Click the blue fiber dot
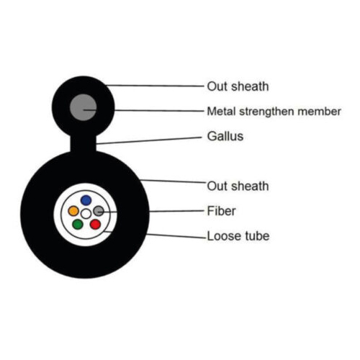point(86,200)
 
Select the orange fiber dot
point(73,211)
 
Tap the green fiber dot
point(78,225)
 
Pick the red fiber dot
point(95,225)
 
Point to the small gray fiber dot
point(99,211)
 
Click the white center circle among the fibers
point(86,214)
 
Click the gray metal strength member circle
point(83,107)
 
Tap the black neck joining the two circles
point(83,143)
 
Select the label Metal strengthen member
point(274,112)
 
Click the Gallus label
point(225,136)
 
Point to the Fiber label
point(221,211)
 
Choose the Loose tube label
point(238,236)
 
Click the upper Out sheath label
point(238,86)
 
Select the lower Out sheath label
point(238,186)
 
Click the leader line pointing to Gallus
point(149,140)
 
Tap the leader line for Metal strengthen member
point(143,110)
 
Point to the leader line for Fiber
point(150,211)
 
